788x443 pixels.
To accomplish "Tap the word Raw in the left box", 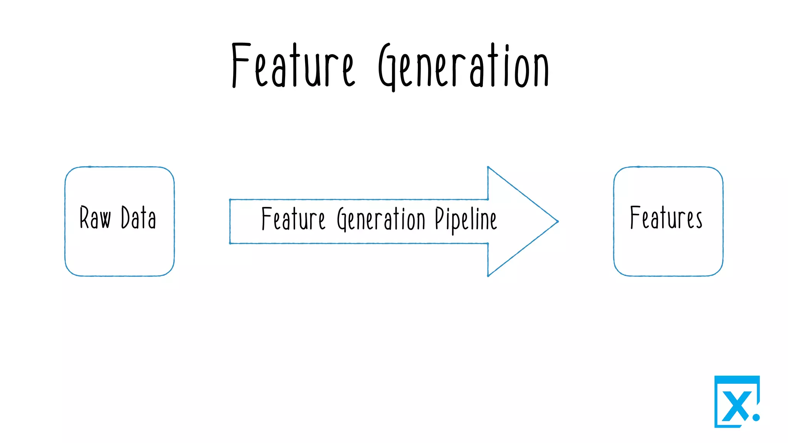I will tap(95, 218).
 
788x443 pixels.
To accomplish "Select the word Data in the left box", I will tap(139, 218).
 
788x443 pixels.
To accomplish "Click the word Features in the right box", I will tap(666, 218).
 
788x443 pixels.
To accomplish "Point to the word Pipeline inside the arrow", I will tap(466, 219).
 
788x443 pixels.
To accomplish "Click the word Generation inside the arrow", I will tap(381, 219).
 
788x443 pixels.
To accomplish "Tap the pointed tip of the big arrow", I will tap(557, 221).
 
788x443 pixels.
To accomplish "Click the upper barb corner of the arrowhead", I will tap(488, 167).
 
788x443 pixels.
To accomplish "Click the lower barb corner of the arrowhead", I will tap(488, 275).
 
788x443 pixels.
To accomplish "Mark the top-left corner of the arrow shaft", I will tap(230, 200).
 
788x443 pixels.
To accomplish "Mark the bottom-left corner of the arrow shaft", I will tap(230, 243).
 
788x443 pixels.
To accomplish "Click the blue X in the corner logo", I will tap(736, 406).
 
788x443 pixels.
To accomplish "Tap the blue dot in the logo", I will tap(756, 417).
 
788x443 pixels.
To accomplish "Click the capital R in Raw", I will tap(84, 217).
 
